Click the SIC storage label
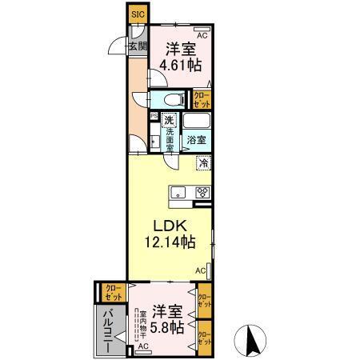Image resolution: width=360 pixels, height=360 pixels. point(137,14)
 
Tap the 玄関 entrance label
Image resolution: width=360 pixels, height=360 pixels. point(137,46)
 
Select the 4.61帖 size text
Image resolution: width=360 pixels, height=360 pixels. point(178,66)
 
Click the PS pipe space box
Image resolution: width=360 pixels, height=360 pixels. point(154,117)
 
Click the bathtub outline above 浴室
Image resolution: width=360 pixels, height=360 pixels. point(197,122)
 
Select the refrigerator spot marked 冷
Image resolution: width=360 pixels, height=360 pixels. point(204,163)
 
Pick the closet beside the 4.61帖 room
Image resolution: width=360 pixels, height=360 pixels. point(202,99)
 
